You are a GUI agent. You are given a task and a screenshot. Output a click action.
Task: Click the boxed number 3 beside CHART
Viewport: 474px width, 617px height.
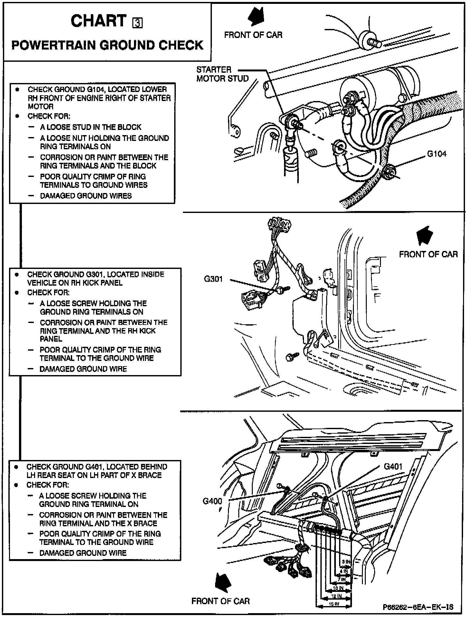(x=137, y=23)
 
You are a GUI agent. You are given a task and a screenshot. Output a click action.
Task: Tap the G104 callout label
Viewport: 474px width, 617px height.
(x=437, y=154)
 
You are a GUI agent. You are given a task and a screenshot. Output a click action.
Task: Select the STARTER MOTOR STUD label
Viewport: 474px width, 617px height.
(x=223, y=74)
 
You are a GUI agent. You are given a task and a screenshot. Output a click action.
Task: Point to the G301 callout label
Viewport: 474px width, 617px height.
(x=213, y=279)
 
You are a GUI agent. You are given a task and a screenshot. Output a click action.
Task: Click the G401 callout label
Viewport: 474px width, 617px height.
(x=393, y=466)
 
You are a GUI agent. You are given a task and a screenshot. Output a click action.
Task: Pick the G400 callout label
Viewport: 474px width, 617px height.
(x=212, y=501)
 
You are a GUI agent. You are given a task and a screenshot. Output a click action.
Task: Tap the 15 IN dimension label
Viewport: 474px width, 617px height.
(x=334, y=604)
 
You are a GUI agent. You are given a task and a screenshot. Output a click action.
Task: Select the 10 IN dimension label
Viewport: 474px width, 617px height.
(x=338, y=588)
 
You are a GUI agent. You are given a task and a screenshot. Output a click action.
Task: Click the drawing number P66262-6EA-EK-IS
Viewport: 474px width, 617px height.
(x=418, y=607)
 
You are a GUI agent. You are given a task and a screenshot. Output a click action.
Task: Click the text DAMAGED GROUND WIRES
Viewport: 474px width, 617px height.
(x=86, y=196)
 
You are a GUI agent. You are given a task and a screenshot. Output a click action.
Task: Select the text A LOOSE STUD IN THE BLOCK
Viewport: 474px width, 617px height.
(x=90, y=127)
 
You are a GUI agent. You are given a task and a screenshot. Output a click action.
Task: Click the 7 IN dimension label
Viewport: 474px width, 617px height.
(x=342, y=579)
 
